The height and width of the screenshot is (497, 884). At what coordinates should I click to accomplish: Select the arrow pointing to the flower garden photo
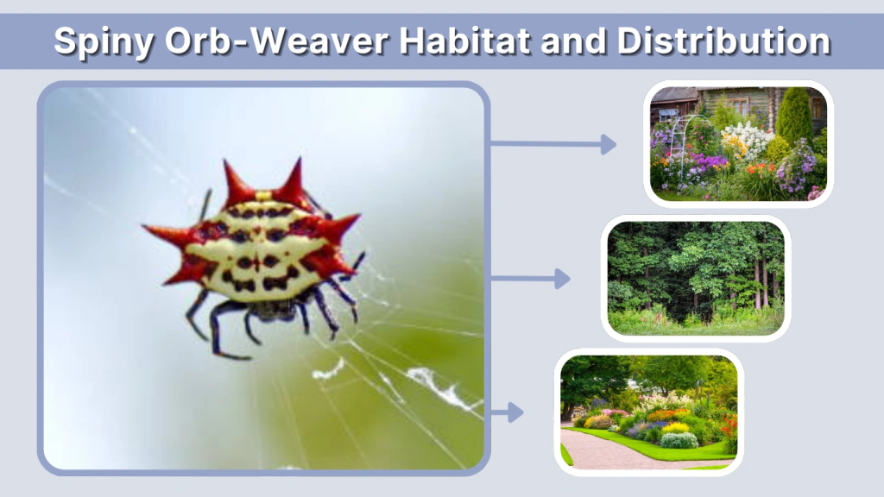[552, 144]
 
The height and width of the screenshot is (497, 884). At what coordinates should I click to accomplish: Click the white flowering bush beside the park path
[679, 440]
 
